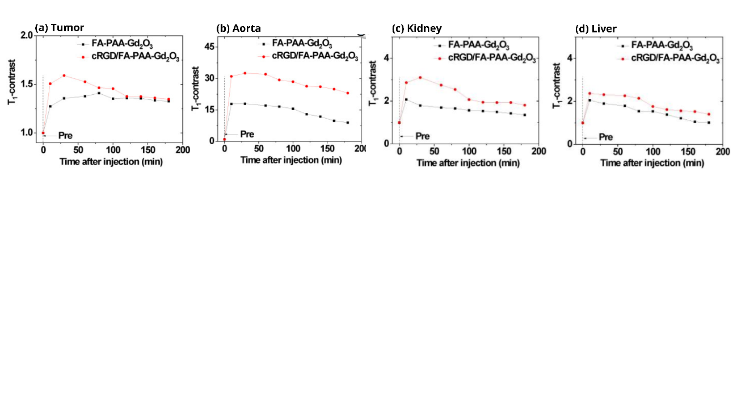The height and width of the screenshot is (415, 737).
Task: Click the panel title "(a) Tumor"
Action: pyautogui.click(x=59, y=27)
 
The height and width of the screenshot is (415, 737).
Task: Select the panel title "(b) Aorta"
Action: pyautogui.click(x=239, y=28)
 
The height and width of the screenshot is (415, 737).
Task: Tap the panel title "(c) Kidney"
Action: pyautogui.click(x=416, y=28)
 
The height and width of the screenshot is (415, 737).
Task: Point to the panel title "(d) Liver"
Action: pyautogui.click(x=595, y=28)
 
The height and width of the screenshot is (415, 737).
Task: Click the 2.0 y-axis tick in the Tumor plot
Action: pyautogui.click(x=26, y=36)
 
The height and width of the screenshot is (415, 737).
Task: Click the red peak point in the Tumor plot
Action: pyautogui.click(x=64, y=76)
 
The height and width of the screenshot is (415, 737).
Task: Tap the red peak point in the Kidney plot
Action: pyautogui.click(x=420, y=78)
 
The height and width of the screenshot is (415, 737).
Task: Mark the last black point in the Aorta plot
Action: pyautogui.click(x=347, y=123)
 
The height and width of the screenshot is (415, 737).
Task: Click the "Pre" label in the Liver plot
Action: pyautogui.click(x=606, y=137)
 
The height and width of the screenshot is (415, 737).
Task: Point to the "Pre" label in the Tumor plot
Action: pyautogui.click(x=65, y=135)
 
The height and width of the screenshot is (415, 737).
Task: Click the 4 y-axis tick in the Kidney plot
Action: pyautogui.click(x=387, y=58)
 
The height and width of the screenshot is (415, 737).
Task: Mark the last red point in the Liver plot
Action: pyautogui.click(x=709, y=114)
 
